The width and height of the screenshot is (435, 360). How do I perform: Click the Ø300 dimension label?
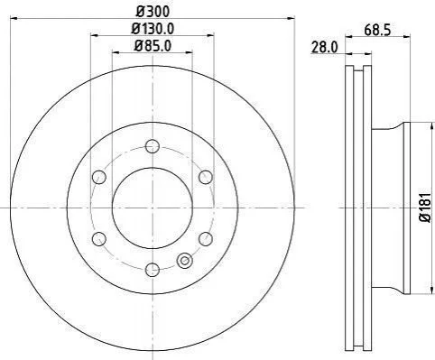153,12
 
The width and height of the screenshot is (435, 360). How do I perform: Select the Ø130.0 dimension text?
153,29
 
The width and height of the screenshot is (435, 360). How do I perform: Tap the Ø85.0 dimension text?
153,46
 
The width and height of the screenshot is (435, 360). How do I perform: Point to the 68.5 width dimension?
377,31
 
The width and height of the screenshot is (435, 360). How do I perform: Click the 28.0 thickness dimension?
325,48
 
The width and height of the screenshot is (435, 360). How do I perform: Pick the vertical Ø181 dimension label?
425,208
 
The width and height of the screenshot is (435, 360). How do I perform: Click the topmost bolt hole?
153,146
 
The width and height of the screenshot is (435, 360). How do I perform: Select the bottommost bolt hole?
153,269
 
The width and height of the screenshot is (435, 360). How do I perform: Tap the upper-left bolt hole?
99,177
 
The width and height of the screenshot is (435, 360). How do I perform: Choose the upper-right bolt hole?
206,177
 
